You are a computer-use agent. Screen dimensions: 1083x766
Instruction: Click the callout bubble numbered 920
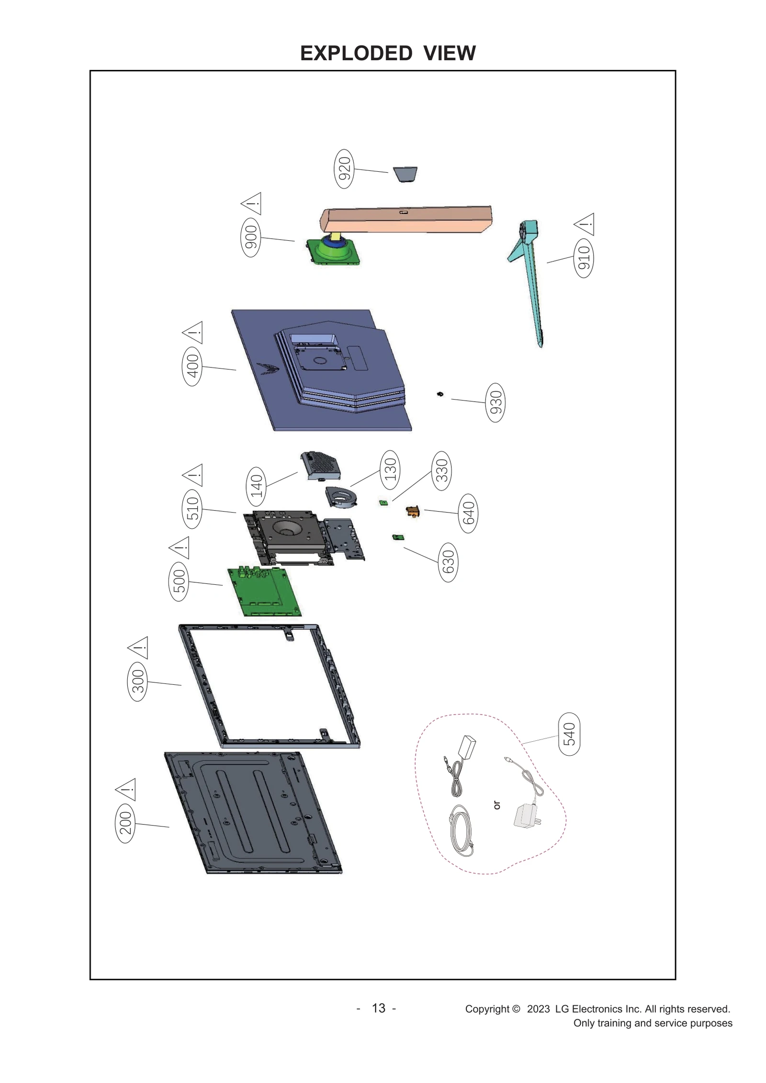(x=344, y=169)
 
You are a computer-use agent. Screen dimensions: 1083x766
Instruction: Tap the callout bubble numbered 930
(x=495, y=402)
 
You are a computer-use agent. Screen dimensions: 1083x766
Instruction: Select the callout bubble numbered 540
(x=569, y=734)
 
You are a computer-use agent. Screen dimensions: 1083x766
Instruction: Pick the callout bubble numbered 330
(x=441, y=470)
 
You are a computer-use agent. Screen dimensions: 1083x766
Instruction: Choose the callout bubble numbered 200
(x=125, y=823)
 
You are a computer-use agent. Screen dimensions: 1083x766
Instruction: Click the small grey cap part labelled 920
(x=405, y=174)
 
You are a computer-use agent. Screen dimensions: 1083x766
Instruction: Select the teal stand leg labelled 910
(x=531, y=282)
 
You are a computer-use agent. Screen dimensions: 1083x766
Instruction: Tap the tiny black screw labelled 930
(x=440, y=394)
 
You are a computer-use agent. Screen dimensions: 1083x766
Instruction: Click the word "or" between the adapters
(x=497, y=805)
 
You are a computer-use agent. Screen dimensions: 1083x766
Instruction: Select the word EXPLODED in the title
(x=356, y=53)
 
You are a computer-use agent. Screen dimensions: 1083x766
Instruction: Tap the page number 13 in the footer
(x=378, y=1008)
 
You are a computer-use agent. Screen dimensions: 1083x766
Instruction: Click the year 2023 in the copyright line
(x=538, y=1009)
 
